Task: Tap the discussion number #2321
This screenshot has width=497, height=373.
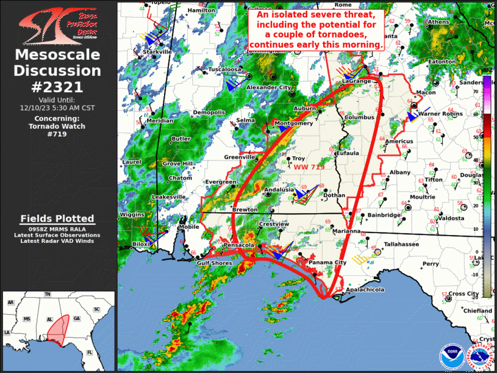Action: click(57, 87)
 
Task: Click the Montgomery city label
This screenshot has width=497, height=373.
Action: click(294, 123)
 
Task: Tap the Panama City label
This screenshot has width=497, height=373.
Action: click(327, 263)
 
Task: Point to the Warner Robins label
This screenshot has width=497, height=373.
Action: click(438, 114)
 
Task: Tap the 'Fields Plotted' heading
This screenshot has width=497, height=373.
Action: click(57, 218)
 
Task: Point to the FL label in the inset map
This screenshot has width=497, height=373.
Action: click(90, 352)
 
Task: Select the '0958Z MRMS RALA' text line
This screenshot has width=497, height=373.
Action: click(57, 228)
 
